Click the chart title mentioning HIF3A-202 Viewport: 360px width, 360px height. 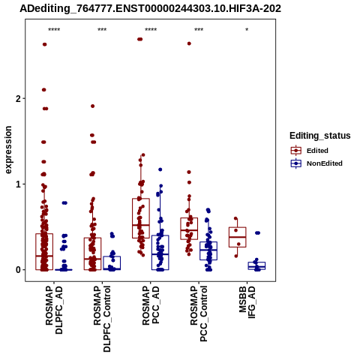pyautogui.click(x=150, y=8)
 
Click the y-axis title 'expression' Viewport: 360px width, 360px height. pyautogui.click(x=8, y=150)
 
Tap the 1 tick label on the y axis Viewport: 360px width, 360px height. pyautogui.click(x=18, y=184)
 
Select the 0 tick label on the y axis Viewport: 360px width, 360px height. pyautogui.click(x=18, y=270)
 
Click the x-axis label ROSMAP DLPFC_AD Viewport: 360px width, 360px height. pyautogui.click(x=54, y=310)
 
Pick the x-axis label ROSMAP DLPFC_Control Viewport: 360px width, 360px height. pyautogui.click(x=102, y=319)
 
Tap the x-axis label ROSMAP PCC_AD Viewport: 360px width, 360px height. pyautogui.click(x=151, y=305)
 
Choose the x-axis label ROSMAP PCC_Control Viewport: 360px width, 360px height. pyautogui.click(x=199, y=313)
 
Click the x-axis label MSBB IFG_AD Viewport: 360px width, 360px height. pyautogui.click(x=247, y=302)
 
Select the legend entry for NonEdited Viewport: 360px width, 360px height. pyautogui.click(x=316, y=163)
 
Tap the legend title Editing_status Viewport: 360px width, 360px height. pyautogui.click(x=320, y=136)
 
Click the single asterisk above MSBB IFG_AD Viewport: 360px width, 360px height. pyautogui.click(x=247, y=30)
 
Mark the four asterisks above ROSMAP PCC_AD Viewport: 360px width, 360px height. pyautogui.click(x=151, y=30)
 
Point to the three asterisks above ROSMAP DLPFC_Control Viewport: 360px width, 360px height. pyautogui.click(x=102, y=30)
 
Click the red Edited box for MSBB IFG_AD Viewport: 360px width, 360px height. pyautogui.click(x=238, y=237)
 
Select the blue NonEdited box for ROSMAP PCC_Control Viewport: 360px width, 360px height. pyautogui.click(x=208, y=250)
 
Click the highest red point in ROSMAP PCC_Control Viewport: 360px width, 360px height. pyautogui.click(x=189, y=43)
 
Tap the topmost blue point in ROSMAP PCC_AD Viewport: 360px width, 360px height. pyautogui.click(x=160, y=169)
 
